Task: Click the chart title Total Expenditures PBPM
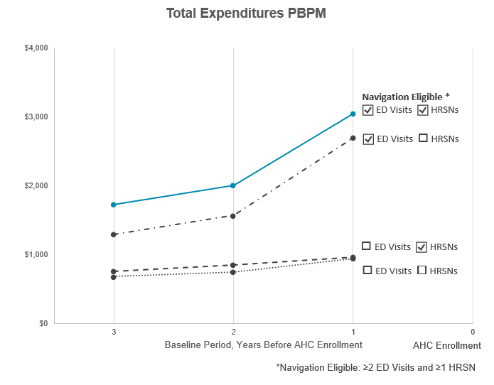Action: click(246, 13)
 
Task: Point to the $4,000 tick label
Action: click(36, 48)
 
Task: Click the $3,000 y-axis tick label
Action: click(36, 116)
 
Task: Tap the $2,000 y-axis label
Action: click(36, 185)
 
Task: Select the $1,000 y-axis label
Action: click(36, 254)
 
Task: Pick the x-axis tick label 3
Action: click(114, 332)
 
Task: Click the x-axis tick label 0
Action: click(473, 332)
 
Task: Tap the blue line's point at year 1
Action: click(353, 114)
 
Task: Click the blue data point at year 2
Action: click(233, 185)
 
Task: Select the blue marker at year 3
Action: click(114, 205)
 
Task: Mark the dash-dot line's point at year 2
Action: click(233, 215)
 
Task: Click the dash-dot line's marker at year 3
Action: click(114, 234)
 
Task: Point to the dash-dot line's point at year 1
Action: click(353, 138)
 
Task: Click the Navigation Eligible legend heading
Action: click(406, 97)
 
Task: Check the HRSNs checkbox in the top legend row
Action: click(423, 110)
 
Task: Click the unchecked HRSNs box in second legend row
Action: click(423, 139)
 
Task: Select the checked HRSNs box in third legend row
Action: click(421, 246)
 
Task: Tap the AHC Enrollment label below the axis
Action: click(447, 345)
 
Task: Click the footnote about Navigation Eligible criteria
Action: click(375, 368)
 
